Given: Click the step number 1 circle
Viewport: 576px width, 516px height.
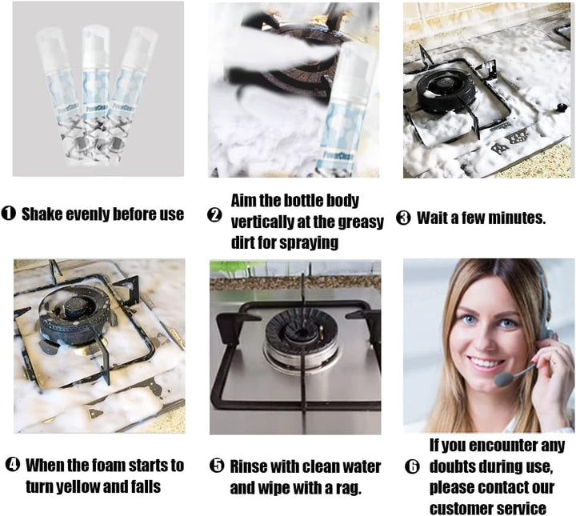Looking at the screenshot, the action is [9, 213].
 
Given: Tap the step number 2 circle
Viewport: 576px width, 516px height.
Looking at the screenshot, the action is [214, 215].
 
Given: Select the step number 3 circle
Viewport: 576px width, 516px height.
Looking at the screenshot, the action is [403, 218].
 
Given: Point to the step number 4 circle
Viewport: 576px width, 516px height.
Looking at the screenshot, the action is [13, 465].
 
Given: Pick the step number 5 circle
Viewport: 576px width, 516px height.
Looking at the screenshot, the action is [217, 466].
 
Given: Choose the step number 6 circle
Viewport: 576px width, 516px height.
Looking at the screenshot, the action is [412, 466].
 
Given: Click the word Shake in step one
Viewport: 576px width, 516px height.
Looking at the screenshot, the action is [42, 214].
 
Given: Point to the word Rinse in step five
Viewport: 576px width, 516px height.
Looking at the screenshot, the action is [247, 466].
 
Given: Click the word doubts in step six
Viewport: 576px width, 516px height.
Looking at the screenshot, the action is [454, 466].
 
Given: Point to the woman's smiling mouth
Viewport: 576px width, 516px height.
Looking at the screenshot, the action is [487, 363].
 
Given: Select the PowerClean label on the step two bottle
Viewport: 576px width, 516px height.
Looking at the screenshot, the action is [338, 155].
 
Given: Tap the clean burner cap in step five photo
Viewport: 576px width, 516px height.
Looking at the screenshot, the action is [302, 330].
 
